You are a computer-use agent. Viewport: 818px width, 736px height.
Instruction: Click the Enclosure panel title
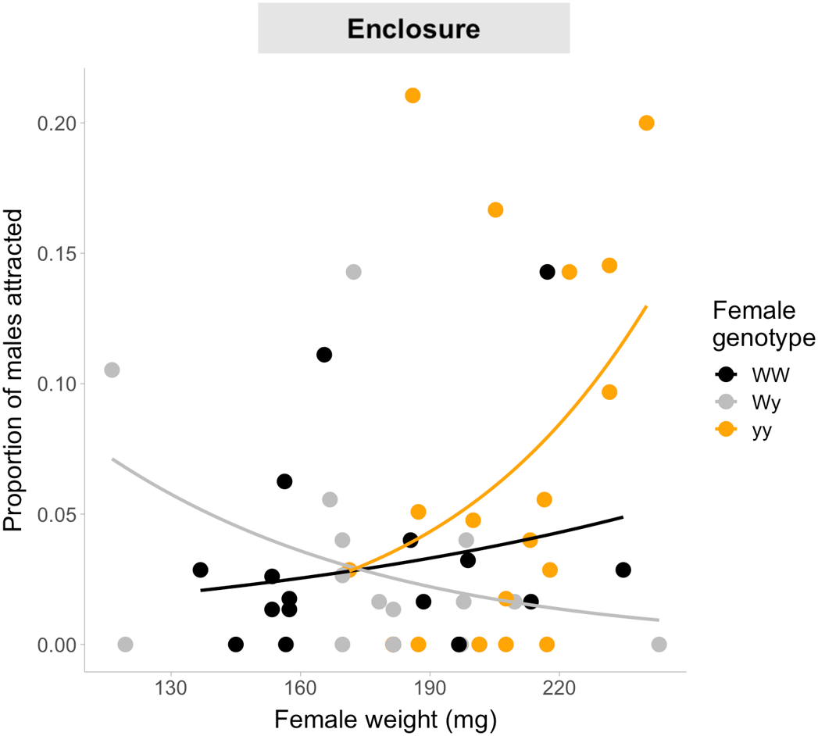coord(413,29)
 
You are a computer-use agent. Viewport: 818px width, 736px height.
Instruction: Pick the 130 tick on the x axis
coord(170,691)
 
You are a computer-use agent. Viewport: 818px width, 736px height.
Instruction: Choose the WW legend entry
coord(768,374)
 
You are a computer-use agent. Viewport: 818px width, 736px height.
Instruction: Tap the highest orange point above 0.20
coord(413,95)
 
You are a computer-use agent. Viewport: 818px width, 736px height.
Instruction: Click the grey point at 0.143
coord(353,272)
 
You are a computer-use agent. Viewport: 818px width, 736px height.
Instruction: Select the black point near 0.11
coord(324,355)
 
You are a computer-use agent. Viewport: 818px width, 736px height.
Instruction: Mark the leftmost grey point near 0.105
coord(112,370)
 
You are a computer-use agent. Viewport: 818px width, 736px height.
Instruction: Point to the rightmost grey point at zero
coord(659,645)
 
